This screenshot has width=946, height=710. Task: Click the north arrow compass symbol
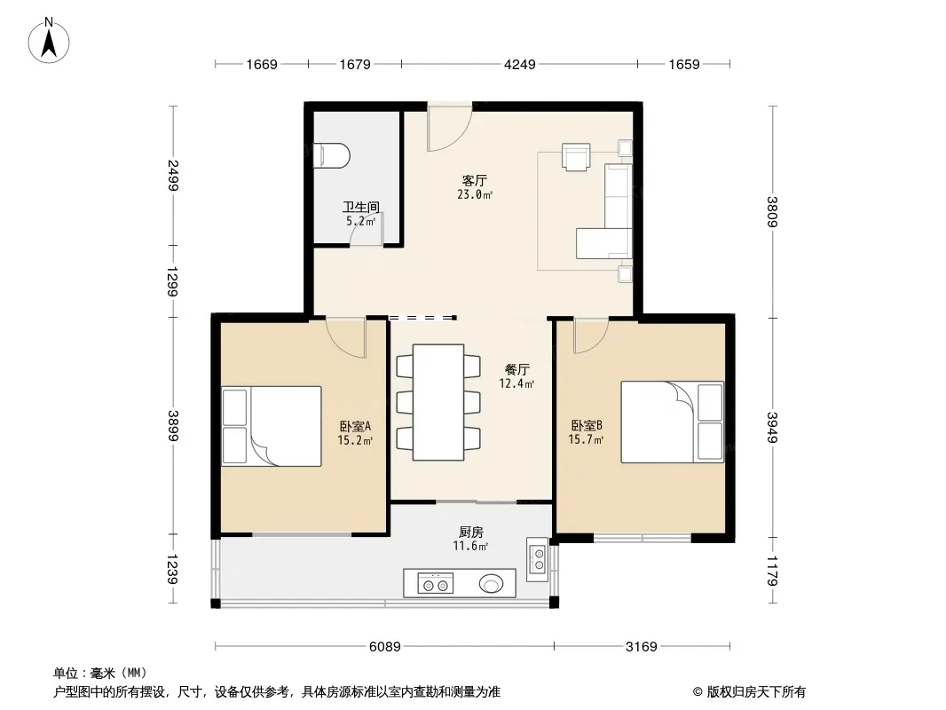49,41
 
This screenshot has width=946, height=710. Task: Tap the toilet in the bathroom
331,155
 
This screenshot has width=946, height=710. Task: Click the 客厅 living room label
474,180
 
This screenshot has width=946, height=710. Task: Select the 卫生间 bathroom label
361,207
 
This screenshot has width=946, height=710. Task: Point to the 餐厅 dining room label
517,369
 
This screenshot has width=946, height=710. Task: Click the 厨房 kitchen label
470,532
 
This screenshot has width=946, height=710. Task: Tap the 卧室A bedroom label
355,426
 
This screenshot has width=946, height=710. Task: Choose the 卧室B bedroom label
587,425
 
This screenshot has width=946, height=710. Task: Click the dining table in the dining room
438,402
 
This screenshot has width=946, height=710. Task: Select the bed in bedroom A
272,426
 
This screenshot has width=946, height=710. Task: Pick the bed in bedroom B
672,422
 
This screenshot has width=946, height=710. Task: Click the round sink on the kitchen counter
491,583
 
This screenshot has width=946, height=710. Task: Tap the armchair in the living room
576,157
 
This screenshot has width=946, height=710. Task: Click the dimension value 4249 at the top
519,64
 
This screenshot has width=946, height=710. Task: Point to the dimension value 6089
385,647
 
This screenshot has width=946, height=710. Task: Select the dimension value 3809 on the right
772,212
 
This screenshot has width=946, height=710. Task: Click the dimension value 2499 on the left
173,175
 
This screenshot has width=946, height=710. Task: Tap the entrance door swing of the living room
449,128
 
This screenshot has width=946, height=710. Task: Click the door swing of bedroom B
591,336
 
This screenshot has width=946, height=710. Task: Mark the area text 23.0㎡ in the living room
475,194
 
